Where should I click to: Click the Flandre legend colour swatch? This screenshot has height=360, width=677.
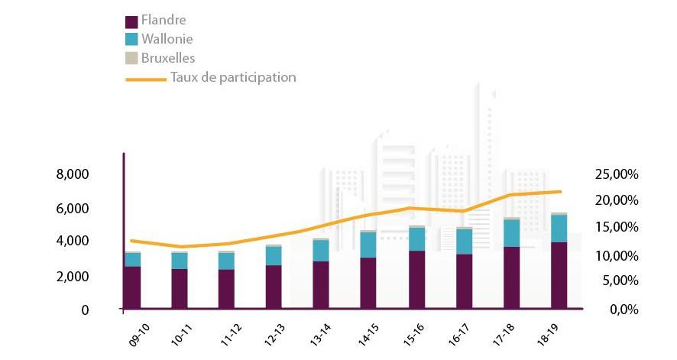[131, 20]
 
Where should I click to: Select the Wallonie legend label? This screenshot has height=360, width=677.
[167, 39]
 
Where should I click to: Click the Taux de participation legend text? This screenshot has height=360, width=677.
[233, 77]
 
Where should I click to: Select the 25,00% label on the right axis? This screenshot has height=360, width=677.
[616, 174]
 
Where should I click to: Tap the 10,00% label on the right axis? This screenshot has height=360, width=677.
[616, 255]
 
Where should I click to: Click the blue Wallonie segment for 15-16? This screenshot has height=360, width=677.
[416, 239]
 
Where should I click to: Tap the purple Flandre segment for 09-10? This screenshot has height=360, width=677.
[132, 288]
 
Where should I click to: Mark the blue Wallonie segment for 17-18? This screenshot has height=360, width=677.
[511, 233]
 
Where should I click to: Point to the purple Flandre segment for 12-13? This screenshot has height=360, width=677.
[274, 287]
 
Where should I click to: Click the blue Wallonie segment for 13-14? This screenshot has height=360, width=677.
[321, 251]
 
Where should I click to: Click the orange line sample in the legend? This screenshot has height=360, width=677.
[145, 78]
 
